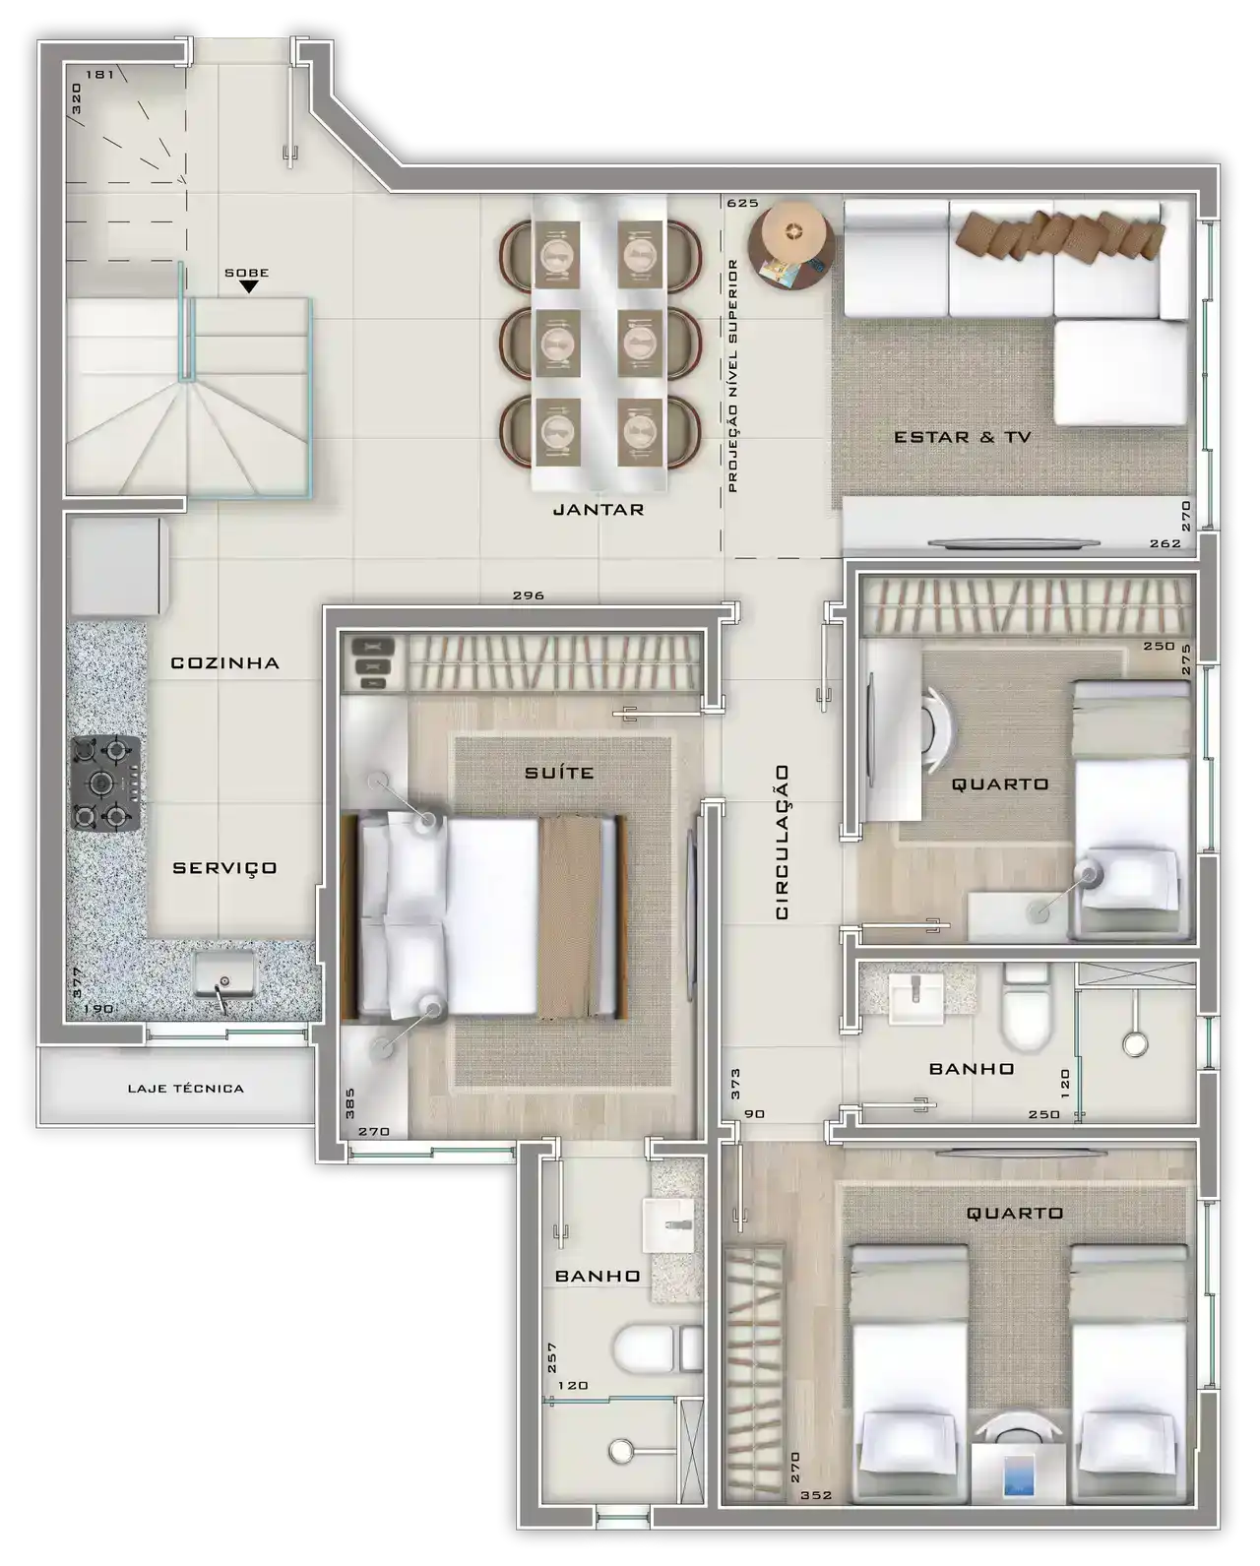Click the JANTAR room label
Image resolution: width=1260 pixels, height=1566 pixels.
tap(598, 510)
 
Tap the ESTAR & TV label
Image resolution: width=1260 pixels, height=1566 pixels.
tap(963, 437)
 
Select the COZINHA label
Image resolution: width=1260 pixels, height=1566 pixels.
tap(224, 663)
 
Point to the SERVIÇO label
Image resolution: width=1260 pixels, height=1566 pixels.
tap(224, 868)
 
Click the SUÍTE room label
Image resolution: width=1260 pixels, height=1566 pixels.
tap(559, 772)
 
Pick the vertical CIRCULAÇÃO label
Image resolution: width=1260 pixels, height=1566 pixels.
tap(782, 842)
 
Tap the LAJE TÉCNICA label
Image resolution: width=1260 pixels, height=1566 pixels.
tap(186, 1089)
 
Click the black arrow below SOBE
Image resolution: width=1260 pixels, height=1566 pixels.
tap(249, 286)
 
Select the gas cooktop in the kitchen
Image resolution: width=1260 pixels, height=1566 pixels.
tap(105, 783)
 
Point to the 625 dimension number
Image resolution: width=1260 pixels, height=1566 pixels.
tap(742, 203)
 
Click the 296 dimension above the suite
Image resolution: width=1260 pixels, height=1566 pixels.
tap(529, 595)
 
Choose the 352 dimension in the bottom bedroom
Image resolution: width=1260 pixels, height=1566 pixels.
tap(816, 1495)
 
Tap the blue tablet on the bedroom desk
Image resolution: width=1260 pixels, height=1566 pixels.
tap(1019, 1474)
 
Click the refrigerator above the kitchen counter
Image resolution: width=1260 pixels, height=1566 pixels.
tap(117, 567)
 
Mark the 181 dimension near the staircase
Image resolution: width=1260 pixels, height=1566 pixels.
tap(99, 74)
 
